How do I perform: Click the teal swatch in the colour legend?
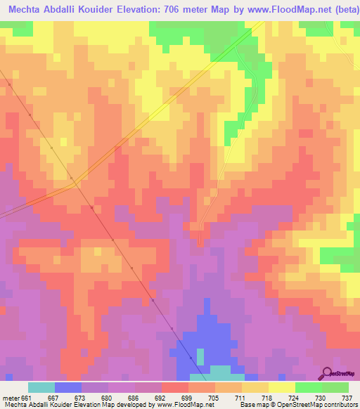41,387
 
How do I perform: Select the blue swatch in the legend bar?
68,387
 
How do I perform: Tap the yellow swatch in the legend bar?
282,387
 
